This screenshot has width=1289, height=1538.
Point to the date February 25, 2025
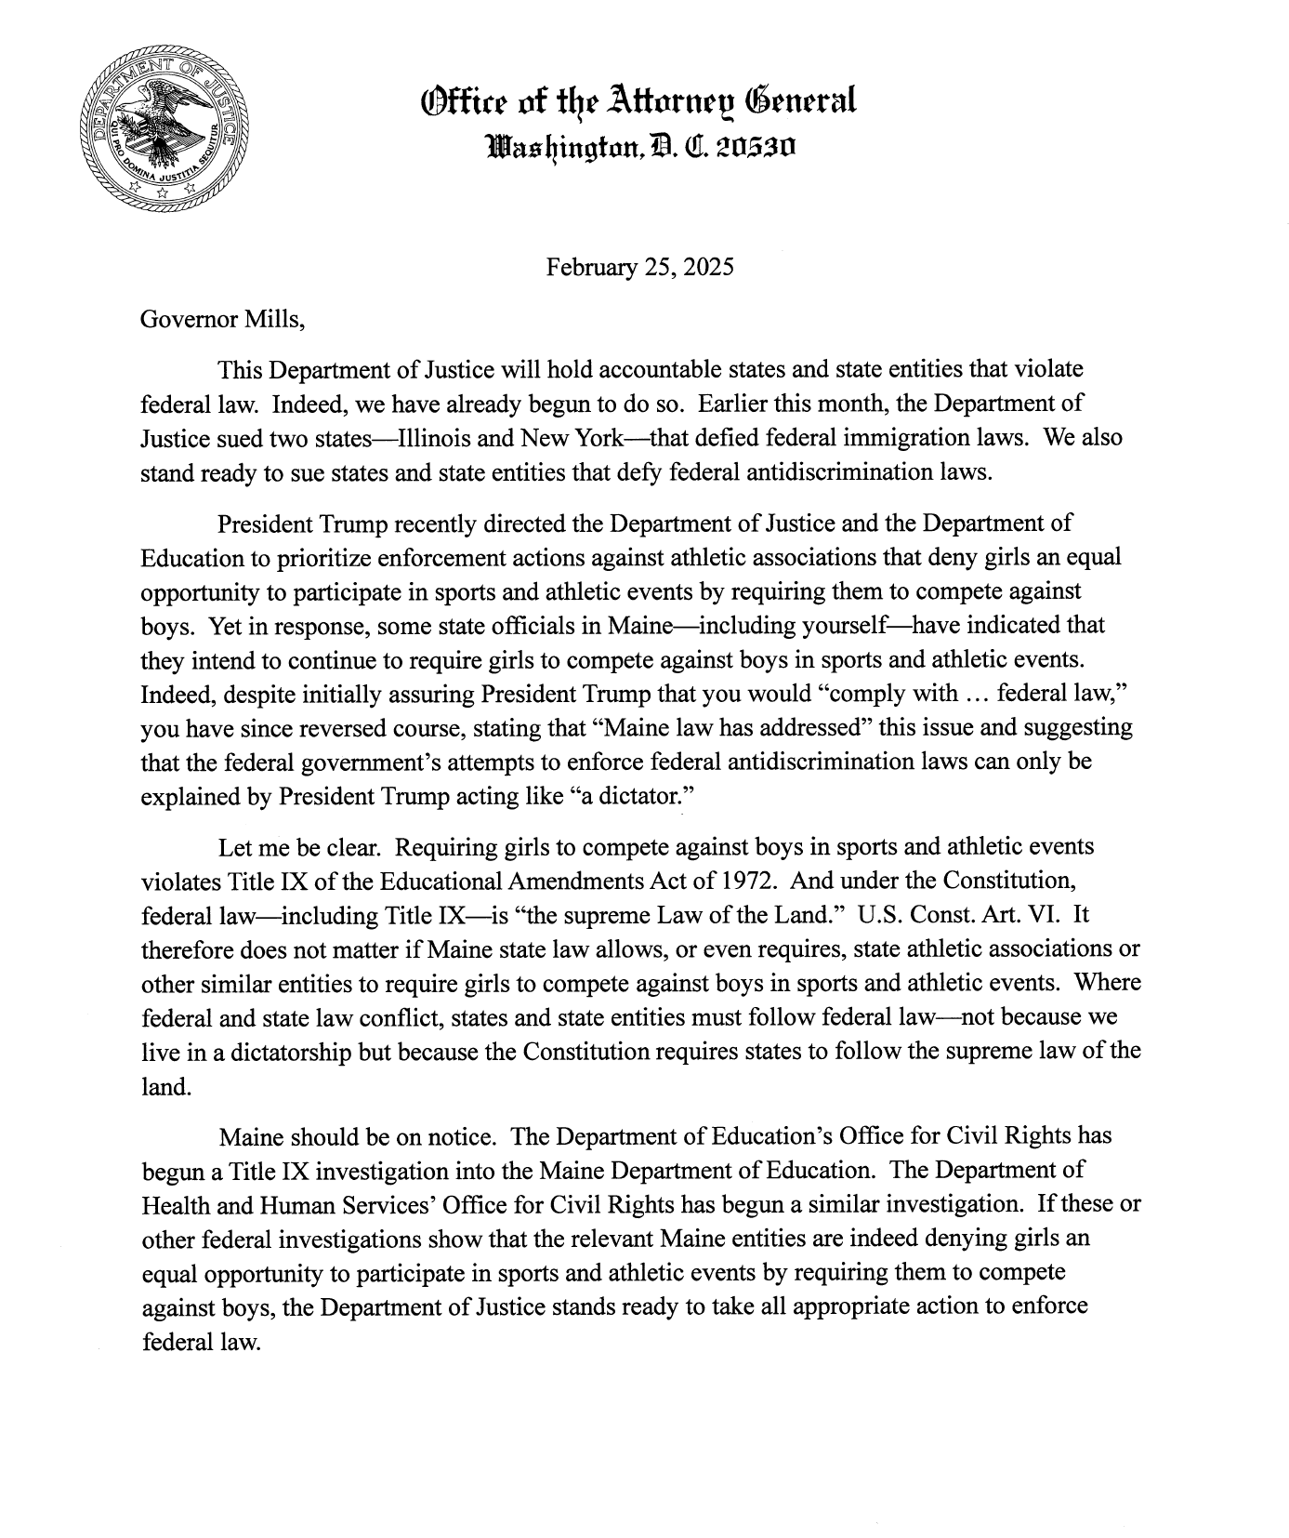coord(639,268)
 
